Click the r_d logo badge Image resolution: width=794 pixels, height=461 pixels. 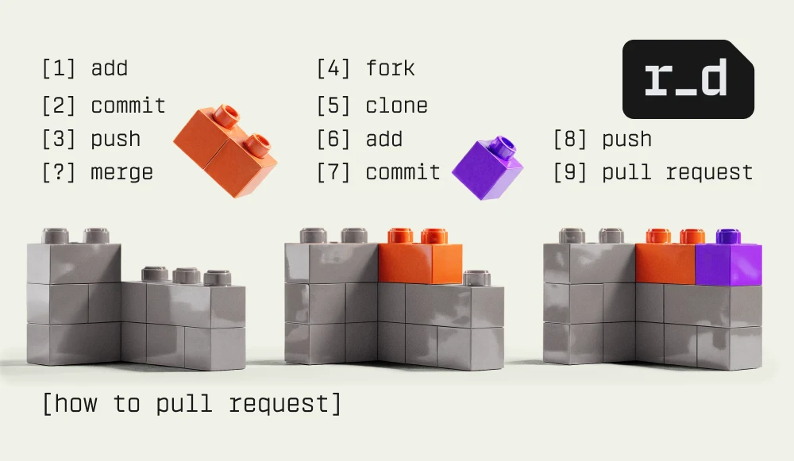pos(687,79)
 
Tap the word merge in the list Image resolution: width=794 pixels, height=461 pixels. pos(121,172)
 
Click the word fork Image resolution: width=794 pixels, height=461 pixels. pos(390,68)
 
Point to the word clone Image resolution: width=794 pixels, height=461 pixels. pos(396,106)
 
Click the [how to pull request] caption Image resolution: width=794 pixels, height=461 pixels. pos(192,403)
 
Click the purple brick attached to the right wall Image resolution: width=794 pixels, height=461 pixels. pos(728,264)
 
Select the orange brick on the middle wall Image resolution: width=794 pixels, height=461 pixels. pos(419,263)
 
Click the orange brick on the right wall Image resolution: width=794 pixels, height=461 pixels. pos(665,263)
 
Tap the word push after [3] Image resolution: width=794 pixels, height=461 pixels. pos(115,140)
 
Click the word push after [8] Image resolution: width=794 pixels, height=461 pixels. pos(626,140)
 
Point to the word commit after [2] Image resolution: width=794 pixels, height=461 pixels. pos(128,106)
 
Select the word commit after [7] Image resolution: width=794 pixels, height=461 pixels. pos(403,172)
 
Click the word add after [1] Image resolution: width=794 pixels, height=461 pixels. pos(109,68)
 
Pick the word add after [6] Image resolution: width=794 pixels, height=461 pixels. pos(384,140)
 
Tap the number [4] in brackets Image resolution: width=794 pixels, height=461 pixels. pos(333,68)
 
